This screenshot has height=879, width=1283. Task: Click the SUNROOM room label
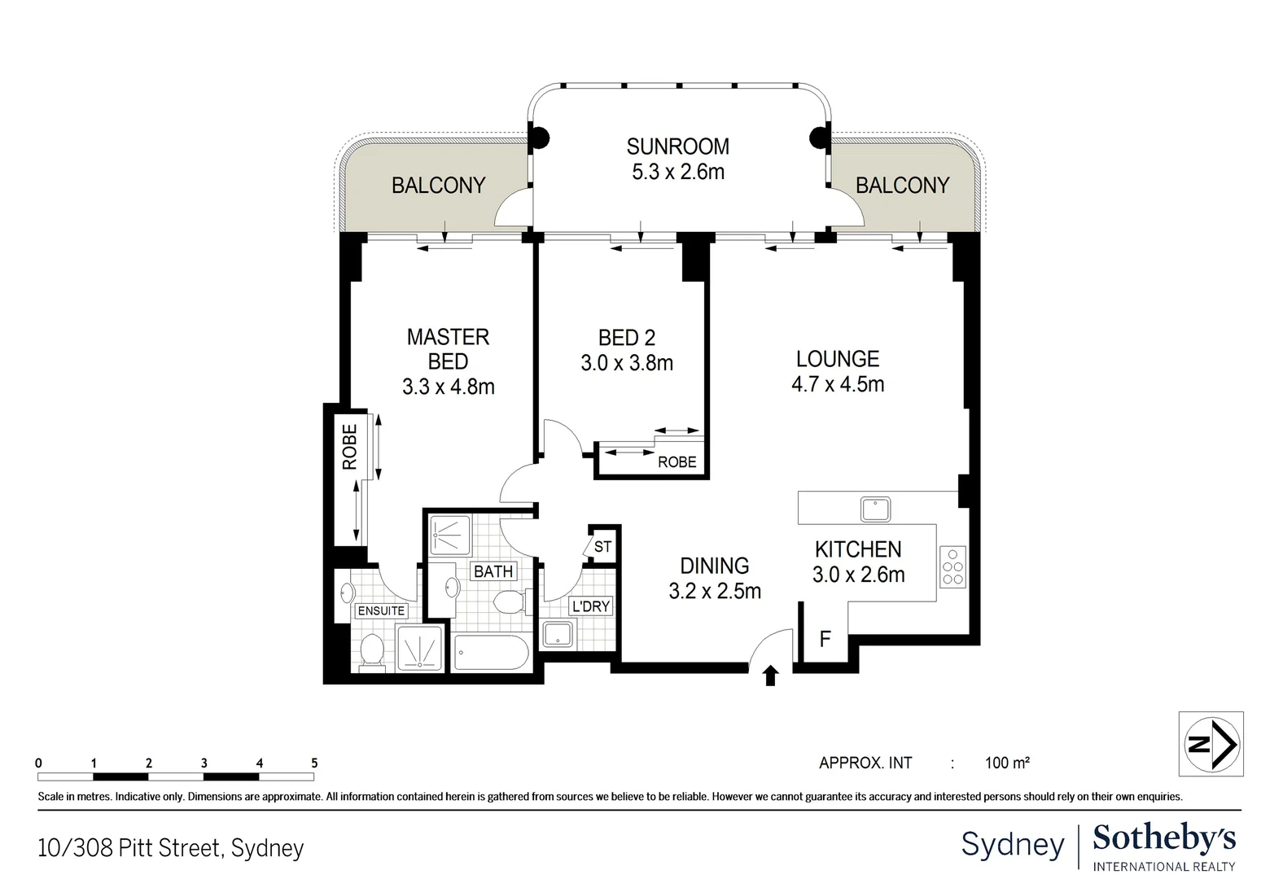tap(677, 146)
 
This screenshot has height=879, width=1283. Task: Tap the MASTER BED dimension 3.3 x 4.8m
tap(448, 387)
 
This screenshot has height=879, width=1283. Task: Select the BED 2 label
tap(626, 337)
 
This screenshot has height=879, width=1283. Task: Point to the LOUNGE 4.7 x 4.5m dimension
tap(838, 384)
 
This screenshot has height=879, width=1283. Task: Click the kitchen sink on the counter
tap(875, 509)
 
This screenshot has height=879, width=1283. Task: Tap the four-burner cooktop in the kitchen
tap(952, 566)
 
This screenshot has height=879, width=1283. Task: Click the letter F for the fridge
tap(825, 639)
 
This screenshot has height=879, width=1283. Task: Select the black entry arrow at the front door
tap(771, 676)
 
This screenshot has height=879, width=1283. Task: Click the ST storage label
tap(602, 547)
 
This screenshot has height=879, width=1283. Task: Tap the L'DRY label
tap(590, 606)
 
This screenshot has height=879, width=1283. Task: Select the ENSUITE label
tap(381, 610)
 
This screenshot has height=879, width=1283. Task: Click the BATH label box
tap(493, 571)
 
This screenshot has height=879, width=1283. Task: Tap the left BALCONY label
tap(438, 186)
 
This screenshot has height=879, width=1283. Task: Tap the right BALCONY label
tap(902, 186)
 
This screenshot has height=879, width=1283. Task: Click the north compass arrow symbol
tap(1211, 743)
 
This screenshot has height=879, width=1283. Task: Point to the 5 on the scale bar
tap(314, 763)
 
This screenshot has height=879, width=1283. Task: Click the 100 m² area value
tap(1007, 763)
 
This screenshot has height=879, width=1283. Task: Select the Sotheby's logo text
tap(1164, 838)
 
